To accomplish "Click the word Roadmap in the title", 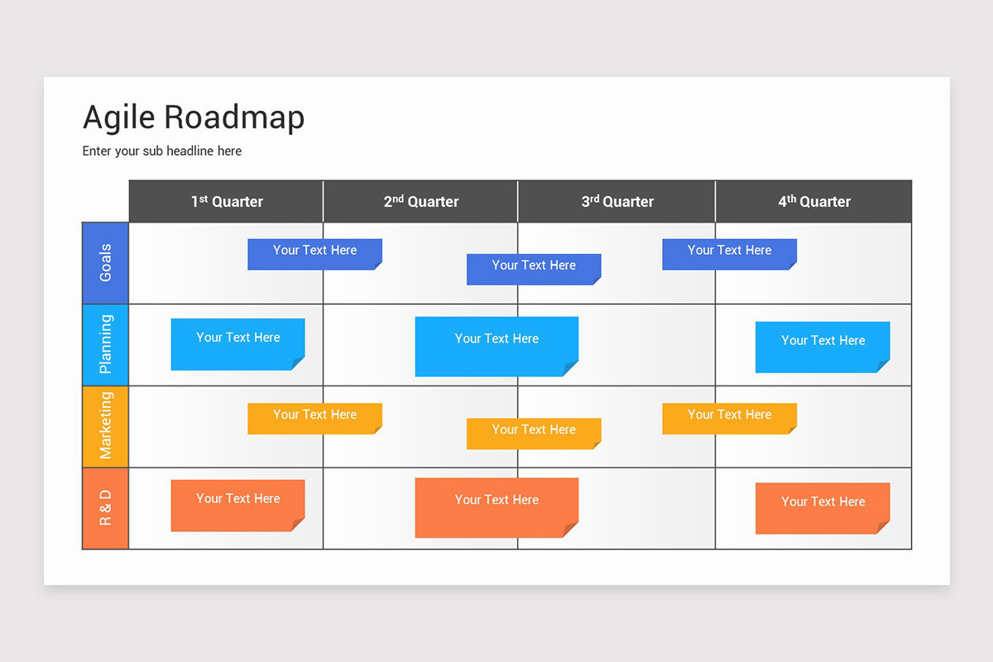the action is pyautogui.click(x=234, y=118).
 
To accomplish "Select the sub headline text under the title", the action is pyautogui.click(x=162, y=151).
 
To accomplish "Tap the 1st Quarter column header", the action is pyautogui.click(x=227, y=201).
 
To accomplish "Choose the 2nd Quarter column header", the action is pyautogui.click(x=420, y=201).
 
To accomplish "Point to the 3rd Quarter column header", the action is pyautogui.click(x=617, y=201).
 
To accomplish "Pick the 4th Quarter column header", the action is pyautogui.click(x=814, y=201).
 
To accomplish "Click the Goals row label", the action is pyautogui.click(x=106, y=263).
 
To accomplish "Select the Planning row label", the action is pyautogui.click(x=106, y=344).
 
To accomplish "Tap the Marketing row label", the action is pyautogui.click(x=106, y=426).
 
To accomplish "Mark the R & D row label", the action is pyautogui.click(x=106, y=508).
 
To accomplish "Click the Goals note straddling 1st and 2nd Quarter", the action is pyautogui.click(x=314, y=254).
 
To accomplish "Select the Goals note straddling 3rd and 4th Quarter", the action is pyautogui.click(x=729, y=254).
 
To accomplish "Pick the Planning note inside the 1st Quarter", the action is pyautogui.click(x=237, y=344).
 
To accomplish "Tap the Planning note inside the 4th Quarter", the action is pyautogui.click(x=823, y=348).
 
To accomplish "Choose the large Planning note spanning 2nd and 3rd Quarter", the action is pyautogui.click(x=496, y=346).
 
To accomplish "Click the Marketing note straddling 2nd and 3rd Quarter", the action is pyautogui.click(x=534, y=434).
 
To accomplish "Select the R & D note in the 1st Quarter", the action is pyautogui.click(x=237, y=506).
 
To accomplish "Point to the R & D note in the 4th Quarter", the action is pyautogui.click(x=823, y=508).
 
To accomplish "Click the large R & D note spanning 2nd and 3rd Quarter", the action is pyautogui.click(x=496, y=508).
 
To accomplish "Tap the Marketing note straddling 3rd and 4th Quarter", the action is pyautogui.click(x=729, y=419).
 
